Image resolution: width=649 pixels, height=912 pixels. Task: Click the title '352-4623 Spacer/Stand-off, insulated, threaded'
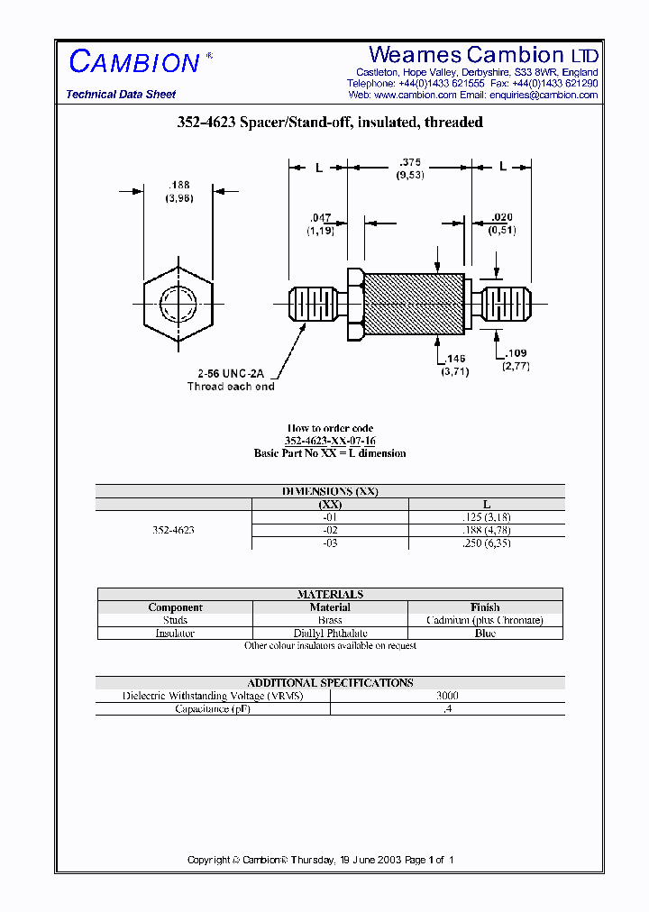click(330, 123)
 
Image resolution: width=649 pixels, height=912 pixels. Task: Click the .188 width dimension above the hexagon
click(178, 185)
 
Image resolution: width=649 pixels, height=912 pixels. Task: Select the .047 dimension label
click(320, 218)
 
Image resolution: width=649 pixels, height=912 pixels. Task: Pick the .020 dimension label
click(502, 218)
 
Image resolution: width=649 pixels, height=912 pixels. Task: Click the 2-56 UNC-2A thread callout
click(231, 373)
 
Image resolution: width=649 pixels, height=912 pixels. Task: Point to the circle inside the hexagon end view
click(178, 304)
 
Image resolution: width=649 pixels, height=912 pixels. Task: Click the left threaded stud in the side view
click(314, 306)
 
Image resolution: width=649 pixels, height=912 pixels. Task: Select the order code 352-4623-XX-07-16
click(330, 441)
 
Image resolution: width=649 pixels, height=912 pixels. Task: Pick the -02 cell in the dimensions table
click(330, 531)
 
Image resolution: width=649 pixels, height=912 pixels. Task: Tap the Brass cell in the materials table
click(330, 620)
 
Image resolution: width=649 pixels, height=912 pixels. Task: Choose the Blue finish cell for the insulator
click(485, 633)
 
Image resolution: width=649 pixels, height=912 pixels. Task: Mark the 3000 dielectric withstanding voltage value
click(447, 696)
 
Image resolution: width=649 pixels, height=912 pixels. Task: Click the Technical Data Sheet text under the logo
click(121, 95)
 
